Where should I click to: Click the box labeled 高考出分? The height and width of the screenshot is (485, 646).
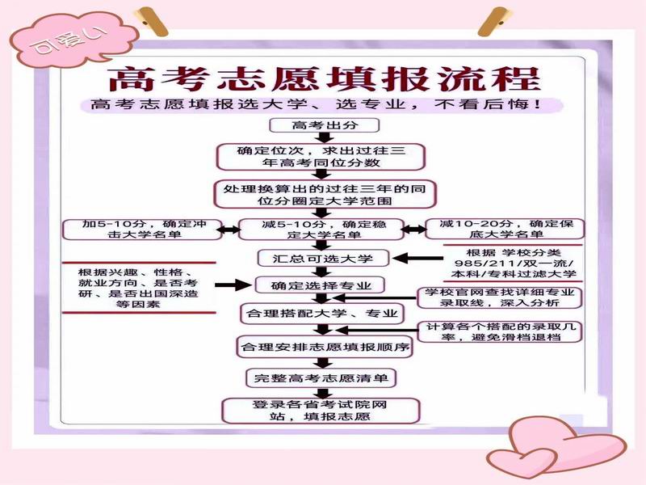click(x=324, y=125)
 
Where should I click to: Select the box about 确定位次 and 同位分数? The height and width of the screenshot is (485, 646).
click(x=321, y=157)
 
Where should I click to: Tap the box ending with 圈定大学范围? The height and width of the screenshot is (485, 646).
click(x=325, y=194)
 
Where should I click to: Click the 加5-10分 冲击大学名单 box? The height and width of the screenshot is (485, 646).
click(x=143, y=230)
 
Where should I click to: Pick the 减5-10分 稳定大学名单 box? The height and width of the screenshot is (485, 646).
click(x=321, y=230)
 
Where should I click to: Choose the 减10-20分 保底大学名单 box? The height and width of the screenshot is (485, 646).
click(x=505, y=230)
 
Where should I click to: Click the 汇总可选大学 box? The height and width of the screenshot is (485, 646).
click(x=323, y=259)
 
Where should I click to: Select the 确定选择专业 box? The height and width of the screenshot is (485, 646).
click(x=320, y=285)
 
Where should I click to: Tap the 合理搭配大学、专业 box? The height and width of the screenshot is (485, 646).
click(x=322, y=314)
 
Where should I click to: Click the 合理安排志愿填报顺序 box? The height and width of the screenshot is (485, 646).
click(x=325, y=347)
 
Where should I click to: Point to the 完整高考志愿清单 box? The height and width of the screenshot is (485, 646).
click(x=321, y=377)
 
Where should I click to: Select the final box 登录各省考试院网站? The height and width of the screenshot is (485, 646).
click(x=321, y=411)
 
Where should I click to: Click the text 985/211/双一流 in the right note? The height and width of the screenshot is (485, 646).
click(x=514, y=264)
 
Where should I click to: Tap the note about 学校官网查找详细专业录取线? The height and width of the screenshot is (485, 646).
click(x=499, y=297)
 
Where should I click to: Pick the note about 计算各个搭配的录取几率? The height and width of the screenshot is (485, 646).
click(x=499, y=332)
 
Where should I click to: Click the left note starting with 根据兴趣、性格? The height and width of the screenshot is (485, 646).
click(x=138, y=288)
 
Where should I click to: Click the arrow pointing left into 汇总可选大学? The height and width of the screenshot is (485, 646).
click(x=417, y=259)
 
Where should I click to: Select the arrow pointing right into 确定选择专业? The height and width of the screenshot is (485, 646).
click(x=233, y=285)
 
